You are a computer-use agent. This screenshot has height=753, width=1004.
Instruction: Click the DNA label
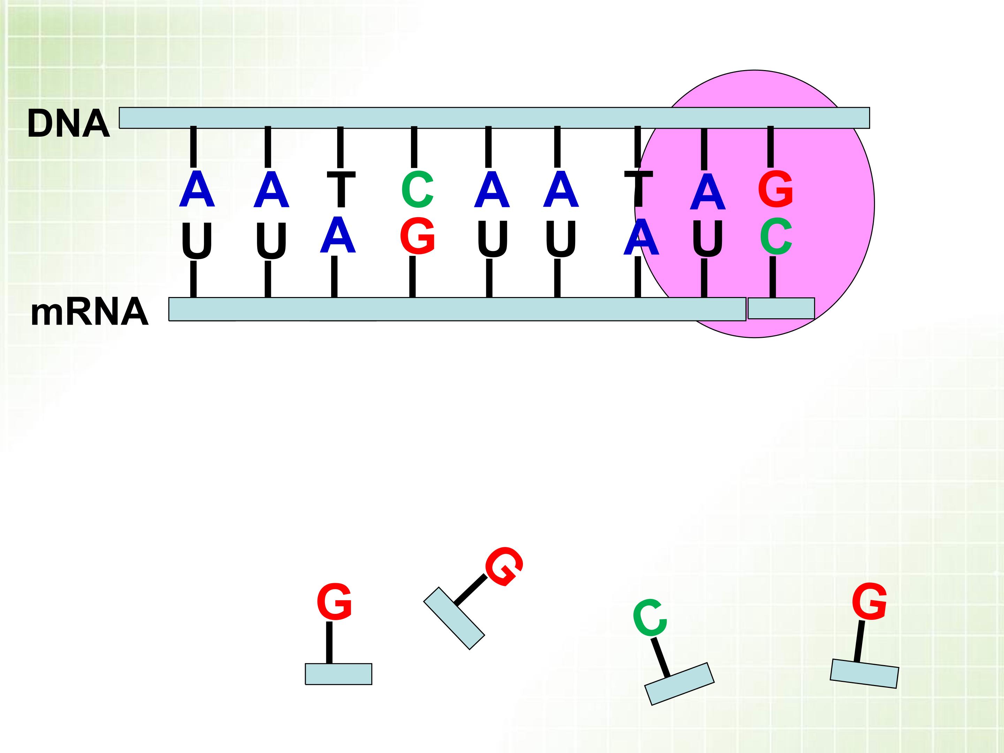click(68, 123)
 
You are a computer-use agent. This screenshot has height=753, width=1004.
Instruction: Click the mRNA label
click(89, 313)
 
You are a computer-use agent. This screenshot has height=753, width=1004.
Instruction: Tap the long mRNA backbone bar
click(457, 309)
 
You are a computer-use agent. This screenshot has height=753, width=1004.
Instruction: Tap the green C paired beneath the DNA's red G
click(776, 236)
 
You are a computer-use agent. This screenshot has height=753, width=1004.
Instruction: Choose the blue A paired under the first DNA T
click(337, 235)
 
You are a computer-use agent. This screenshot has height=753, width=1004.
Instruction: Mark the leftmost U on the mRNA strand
click(197, 241)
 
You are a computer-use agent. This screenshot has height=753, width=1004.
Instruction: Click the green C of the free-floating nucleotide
click(650, 617)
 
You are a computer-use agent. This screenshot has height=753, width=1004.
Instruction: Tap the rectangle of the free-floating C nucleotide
click(679, 684)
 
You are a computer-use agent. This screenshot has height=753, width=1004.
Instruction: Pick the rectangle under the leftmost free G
click(338, 674)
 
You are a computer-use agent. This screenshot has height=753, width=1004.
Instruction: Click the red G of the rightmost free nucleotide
click(869, 601)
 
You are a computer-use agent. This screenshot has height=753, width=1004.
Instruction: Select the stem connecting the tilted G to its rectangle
click(470, 590)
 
